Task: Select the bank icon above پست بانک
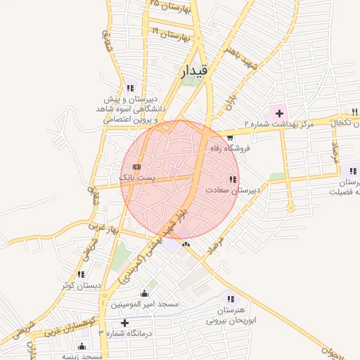(x=136, y=167)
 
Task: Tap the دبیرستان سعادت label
(x=233, y=191)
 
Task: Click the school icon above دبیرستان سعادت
(x=233, y=180)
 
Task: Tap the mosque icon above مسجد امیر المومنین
(x=145, y=293)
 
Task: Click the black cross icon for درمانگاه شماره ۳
(x=125, y=323)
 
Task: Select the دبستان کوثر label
(x=81, y=285)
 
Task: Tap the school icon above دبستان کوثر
(x=82, y=274)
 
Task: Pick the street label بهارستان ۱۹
(x=171, y=33)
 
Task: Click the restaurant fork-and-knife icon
(x=354, y=112)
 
